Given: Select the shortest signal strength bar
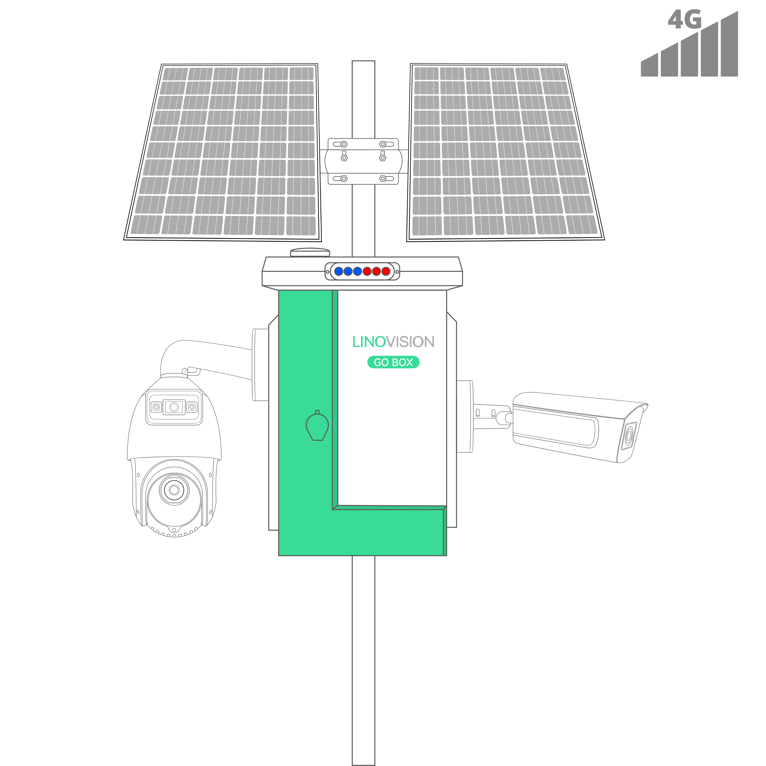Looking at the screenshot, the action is pyautogui.click(x=649, y=65).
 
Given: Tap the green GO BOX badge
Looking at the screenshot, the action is pyautogui.click(x=393, y=362).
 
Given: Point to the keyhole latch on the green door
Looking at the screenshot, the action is pyautogui.click(x=317, y=426).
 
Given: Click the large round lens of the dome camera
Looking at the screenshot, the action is pyautogui.click(x=174, y=490).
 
